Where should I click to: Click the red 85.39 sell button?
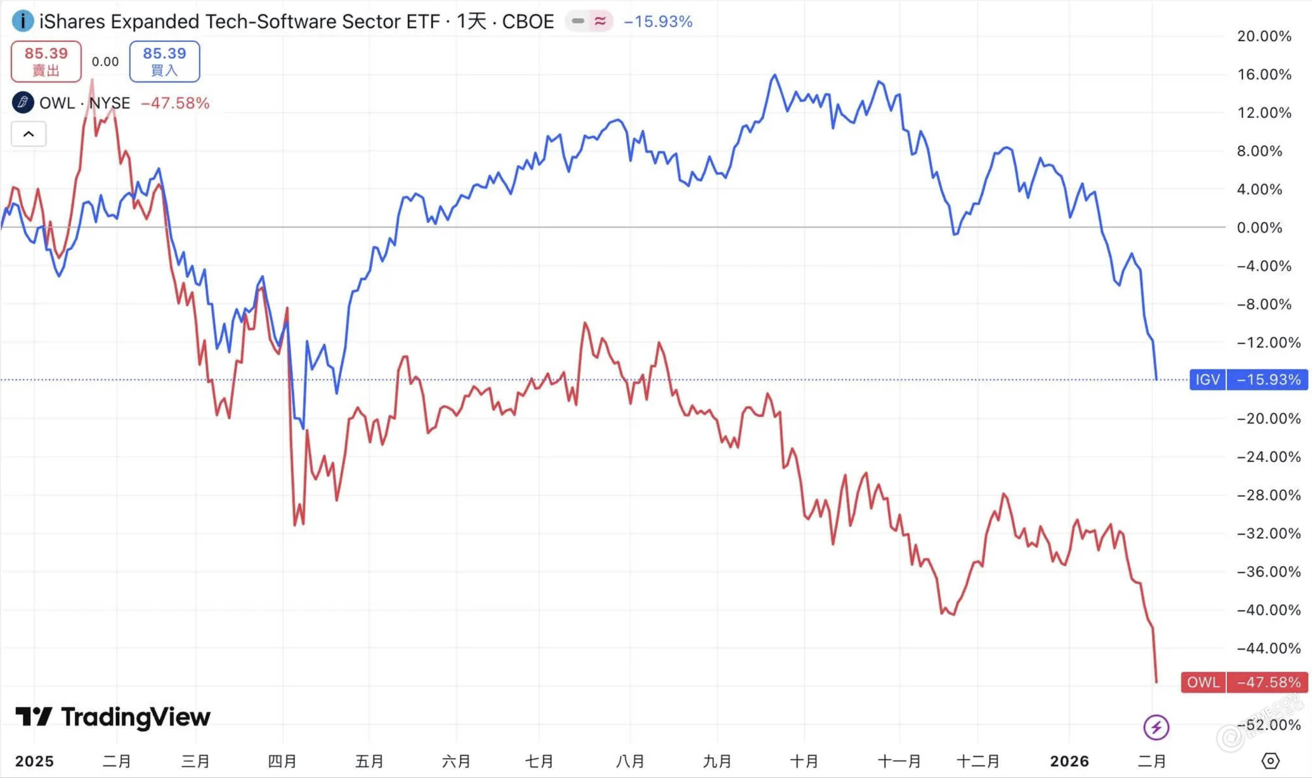click(46, 62)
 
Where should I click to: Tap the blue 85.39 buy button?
click(164, 62)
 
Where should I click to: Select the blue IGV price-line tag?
click(1207, 380)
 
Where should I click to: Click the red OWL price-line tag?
click(1203, 682)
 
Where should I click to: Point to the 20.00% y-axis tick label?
click(1264, 36)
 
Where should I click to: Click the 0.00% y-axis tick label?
click(1259, 227)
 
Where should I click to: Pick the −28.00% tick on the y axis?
click(1268, 495)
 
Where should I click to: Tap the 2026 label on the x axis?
click(1069, 761)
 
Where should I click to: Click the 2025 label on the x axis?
click(35, 761)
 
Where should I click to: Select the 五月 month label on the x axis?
click(370, 761)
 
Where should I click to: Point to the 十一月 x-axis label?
click(899, 761)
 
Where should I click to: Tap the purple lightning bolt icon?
click(1156, 727)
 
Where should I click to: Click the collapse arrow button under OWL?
click(29, 134)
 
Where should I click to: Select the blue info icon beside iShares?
click(23, 22)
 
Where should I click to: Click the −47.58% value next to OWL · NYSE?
click(175, 103)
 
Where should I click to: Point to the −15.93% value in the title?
click(658, 22)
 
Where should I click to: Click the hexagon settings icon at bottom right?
click(1270, 761)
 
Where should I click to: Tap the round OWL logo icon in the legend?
click(23, 103)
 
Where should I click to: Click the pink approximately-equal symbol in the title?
click(600, 21)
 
